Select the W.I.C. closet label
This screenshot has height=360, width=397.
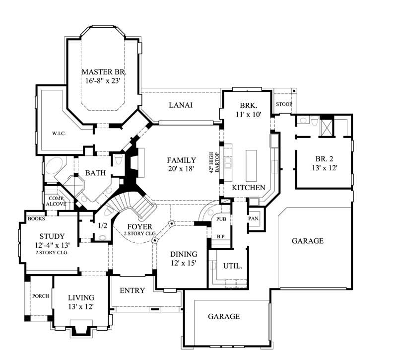[59, 134]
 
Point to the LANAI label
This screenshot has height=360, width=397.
[180, 105]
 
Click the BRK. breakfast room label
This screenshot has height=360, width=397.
[247, 106]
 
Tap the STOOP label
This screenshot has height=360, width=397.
[284, 104]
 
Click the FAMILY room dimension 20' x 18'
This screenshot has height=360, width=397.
[181, 169]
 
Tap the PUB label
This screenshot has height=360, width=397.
[221, 218]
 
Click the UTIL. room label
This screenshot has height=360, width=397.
[233, 266]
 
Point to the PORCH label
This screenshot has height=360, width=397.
[40, 296]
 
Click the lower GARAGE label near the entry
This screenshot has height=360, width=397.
[223, 316]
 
